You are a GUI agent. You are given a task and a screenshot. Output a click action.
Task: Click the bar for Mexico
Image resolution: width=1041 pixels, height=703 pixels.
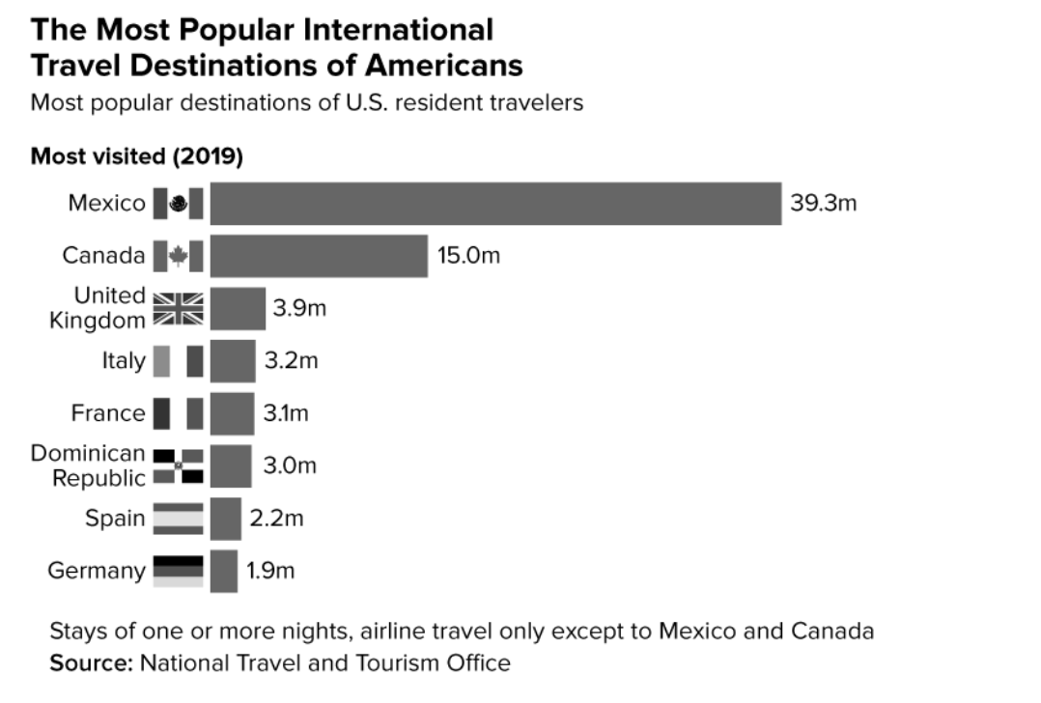(x=495, y=204)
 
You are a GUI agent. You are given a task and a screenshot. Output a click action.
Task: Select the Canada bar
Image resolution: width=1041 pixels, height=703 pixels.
(x=319, y=256)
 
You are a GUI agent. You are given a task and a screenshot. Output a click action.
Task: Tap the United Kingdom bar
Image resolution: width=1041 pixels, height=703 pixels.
(x=238, y=309)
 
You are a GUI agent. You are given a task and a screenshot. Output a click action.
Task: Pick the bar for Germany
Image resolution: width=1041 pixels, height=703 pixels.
(x=224, y=571)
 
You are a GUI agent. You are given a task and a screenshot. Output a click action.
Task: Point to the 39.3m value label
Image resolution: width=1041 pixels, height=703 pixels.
(x=824, y=204)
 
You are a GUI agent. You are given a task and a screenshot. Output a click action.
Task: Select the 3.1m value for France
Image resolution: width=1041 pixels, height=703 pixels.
(x=286, y=413)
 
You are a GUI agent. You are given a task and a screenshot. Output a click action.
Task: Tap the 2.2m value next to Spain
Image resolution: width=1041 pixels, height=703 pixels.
(x=276, y=519)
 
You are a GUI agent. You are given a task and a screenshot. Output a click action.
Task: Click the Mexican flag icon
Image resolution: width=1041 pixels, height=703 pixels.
(x=179, y=204)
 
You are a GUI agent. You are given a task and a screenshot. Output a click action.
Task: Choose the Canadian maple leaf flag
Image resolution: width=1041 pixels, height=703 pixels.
(x=179, y=256)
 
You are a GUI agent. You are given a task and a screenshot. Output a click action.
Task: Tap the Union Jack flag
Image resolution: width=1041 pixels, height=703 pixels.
(x=179, y=309)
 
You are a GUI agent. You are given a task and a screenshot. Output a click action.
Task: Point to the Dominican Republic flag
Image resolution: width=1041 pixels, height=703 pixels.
(x=179, y=465)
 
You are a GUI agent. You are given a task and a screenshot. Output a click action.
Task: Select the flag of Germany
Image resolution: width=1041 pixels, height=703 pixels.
(x=179, y=571)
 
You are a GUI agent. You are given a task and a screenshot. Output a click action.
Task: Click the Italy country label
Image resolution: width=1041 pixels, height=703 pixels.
(x=124, y=361)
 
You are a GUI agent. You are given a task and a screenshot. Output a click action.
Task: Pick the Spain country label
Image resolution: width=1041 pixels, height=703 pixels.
(x=115, y=519)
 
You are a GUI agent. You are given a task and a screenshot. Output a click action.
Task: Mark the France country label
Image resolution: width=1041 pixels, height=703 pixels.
(x=108, y=413)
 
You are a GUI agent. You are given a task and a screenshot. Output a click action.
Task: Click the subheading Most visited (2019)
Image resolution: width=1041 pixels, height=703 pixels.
(x=136, y=155)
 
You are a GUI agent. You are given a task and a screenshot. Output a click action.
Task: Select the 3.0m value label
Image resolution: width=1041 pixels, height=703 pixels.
(x=290, y=465)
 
